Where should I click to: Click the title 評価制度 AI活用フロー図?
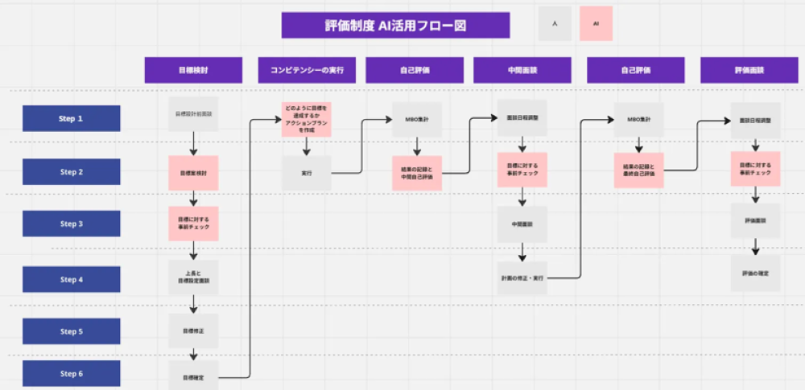(x=395, y=25)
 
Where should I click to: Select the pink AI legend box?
(x=596, y=24)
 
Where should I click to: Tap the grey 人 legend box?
(x=555, y=24)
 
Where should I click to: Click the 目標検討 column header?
(x=193, y=70)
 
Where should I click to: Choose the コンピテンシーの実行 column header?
(x=306, y=70)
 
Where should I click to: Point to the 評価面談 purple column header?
(x=749, y=70)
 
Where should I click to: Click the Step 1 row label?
(x=71, y=118)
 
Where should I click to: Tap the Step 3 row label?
(x=71, y=224)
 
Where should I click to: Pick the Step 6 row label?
(x=71, y=373)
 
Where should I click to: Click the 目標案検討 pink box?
(x=193, y=173)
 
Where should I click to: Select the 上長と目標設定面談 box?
(x=193, y=277)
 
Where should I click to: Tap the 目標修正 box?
(x=193, y=330)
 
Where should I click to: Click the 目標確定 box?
(x=193, y=376)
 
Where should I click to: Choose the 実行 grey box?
(x=306, y=173)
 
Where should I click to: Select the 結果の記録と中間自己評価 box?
(x=417, y=173)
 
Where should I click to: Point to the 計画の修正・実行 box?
(x=522, y=278)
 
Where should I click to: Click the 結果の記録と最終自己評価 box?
(x=639, y=170)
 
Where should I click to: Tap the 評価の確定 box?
(x=755, y=273)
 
